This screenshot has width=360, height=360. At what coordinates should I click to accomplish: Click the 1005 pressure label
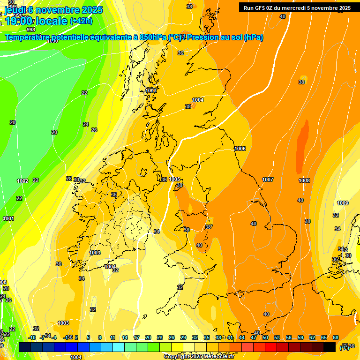pyautogui.click(x=175, y=179)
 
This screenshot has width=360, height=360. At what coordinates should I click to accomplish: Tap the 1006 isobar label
pyautogui.click(x=240, y=149)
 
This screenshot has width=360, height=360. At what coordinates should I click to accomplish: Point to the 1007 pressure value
pyautogui.click(x=268, y=180)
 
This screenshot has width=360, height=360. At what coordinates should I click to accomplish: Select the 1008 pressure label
pyautogui.click(x=304, y=180)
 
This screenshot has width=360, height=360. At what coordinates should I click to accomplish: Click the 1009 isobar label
pyautogui.click(x=343, y=203)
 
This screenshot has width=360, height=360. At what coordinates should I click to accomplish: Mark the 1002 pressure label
pyautogui.click(x=22, y=181)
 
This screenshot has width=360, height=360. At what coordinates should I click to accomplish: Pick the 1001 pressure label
pyautogui.click(x=8, y=218)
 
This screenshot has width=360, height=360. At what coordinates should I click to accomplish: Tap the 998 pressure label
pyautogui.click(x=31, y=30)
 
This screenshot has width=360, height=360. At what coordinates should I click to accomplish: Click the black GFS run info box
pyautogui.click(x=297, y=7)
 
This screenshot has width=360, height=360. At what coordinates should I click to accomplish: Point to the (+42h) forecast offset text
pyautogui.click(x=81, y=21)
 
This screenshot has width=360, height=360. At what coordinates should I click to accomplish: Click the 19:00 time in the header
pyautogui.click(x=18, y=21)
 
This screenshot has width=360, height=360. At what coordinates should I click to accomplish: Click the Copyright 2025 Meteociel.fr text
pyautogui.click(x=199, y=357)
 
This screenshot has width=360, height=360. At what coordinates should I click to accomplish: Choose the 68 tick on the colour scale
pyautogui.click(x=336, y=337)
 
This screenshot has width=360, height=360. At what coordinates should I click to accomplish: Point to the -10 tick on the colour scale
pyautogui.click(x=32, y=337)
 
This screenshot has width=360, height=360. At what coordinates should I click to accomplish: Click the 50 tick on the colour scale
pyautogui.click(x=265, y=337)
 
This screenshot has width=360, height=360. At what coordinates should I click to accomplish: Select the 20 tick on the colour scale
pyautogui.click(x=148, y=337)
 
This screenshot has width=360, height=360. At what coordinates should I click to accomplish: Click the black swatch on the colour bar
pyautogui.click(x=330, y=347)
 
